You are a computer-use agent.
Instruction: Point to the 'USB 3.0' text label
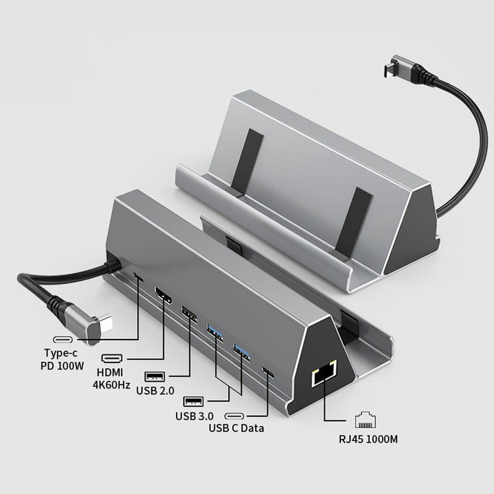(x=193, y=416)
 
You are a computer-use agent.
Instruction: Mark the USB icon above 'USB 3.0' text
(x=194, y=401)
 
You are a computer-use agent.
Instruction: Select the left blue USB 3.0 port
(x=215, y=333)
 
